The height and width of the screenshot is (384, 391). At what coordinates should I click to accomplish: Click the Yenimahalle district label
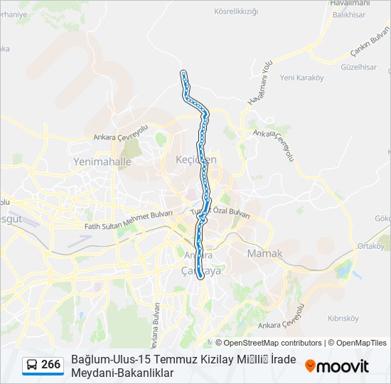[102, 161]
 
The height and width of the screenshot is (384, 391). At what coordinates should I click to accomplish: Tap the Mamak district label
[264, 253]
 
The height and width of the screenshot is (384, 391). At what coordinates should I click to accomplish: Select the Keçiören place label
[195, 159]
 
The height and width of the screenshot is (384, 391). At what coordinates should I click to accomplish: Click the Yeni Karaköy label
[301, 78]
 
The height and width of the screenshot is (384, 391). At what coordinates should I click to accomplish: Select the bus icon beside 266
[32, 365]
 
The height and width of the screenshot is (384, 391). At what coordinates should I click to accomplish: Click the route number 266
[50, 365]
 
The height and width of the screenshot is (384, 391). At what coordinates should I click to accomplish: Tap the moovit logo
[337, 366]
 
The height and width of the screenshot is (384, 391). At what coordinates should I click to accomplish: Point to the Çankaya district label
[201, 271]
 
